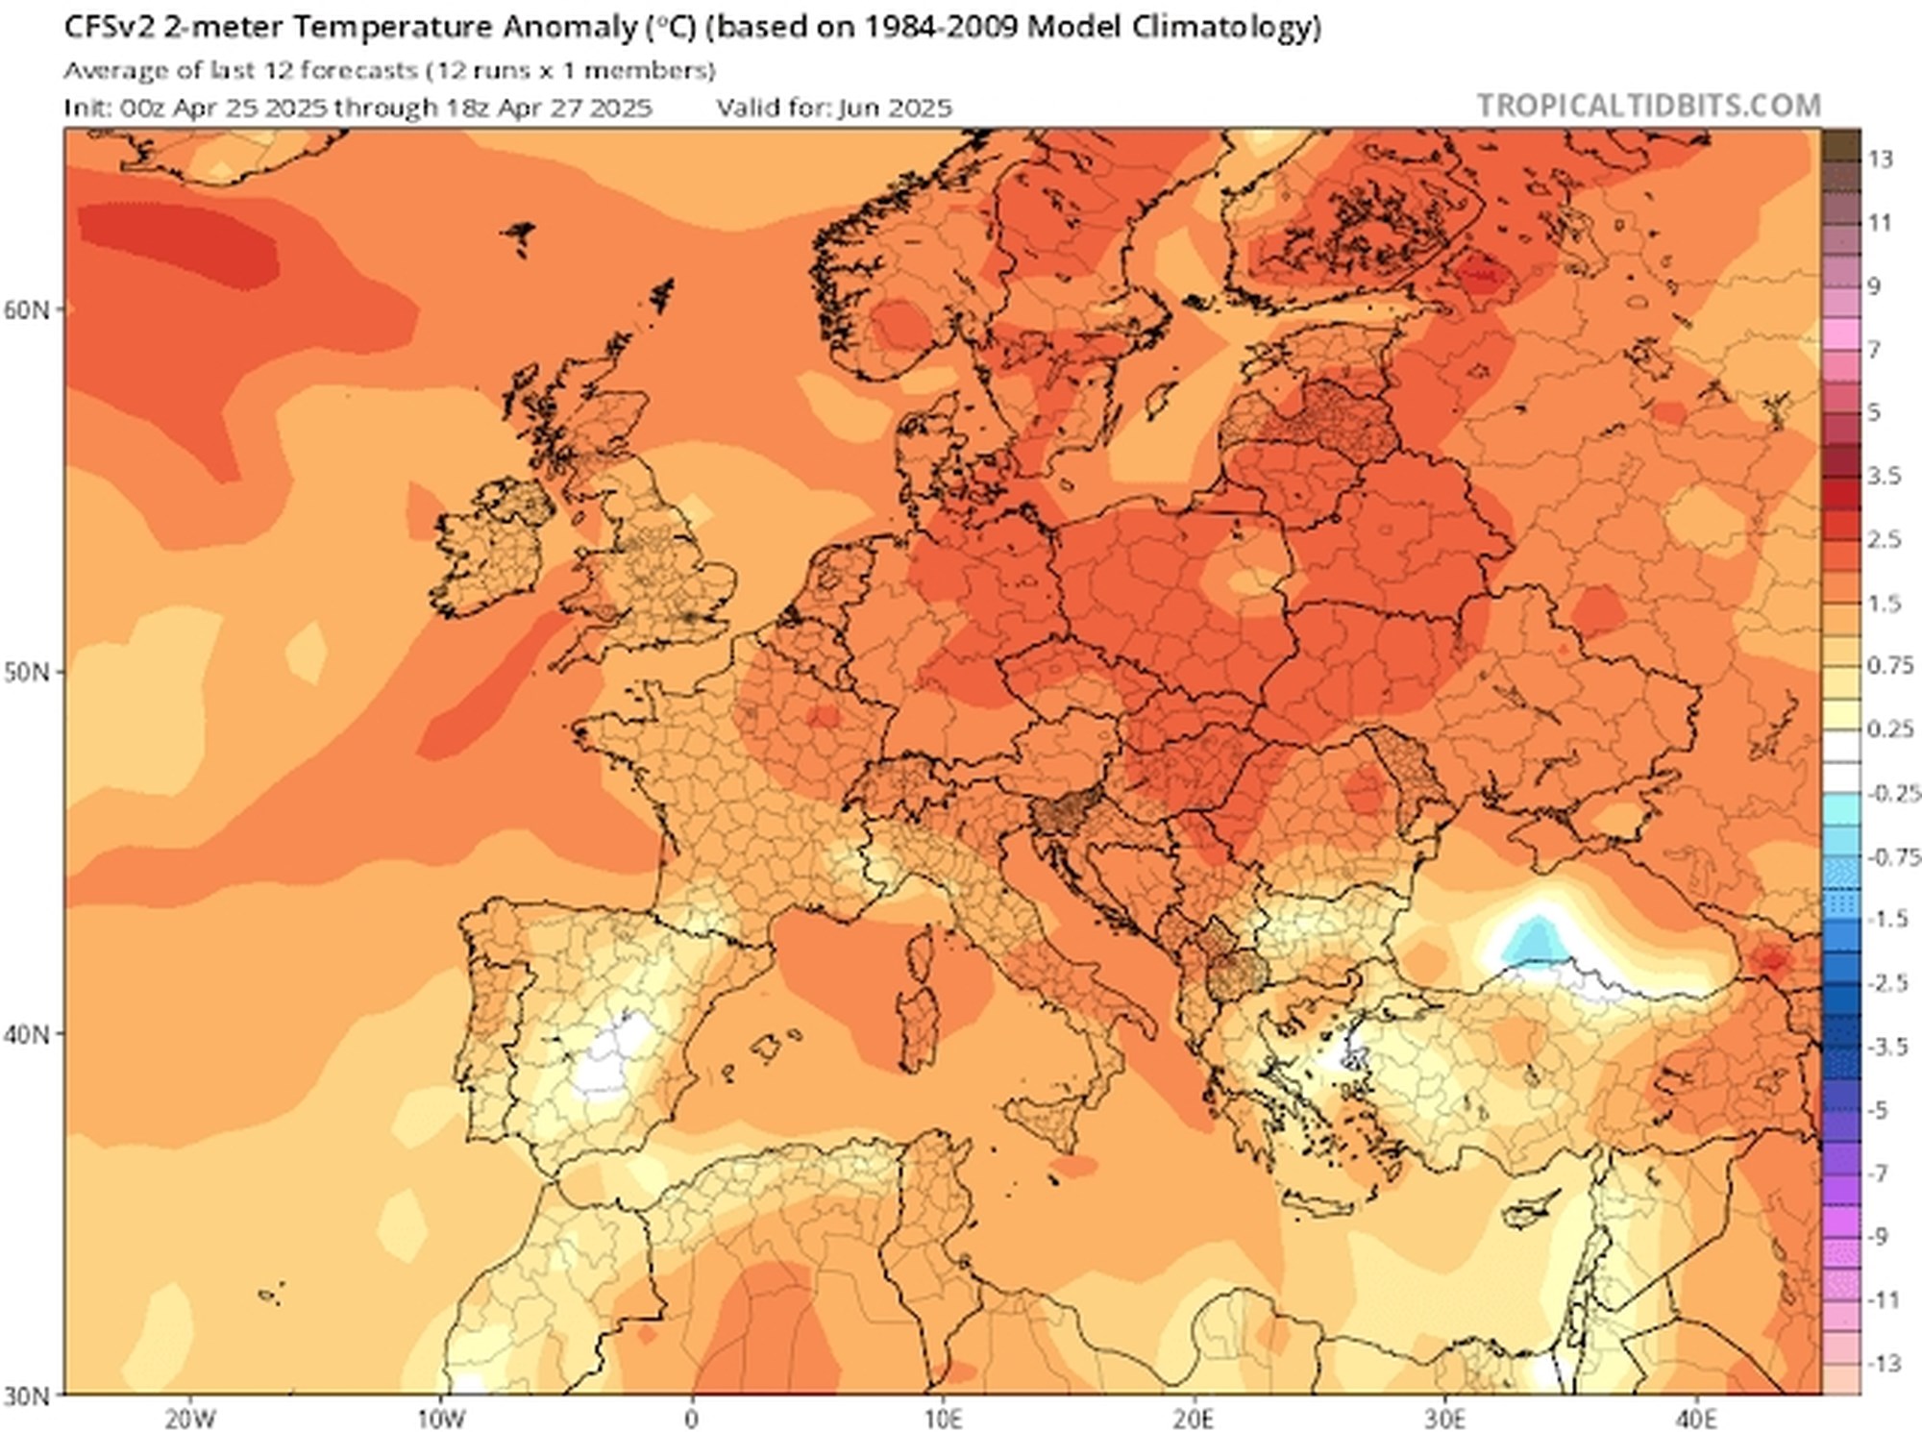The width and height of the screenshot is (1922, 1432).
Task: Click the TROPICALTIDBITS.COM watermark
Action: point(1648,105)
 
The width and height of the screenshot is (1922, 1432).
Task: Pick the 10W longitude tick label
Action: point(441,1419)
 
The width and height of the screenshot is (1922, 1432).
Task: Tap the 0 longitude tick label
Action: point(692,1419)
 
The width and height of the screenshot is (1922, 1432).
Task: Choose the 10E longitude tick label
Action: point(944,1419)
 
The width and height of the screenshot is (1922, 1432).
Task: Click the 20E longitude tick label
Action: point(1194,1419)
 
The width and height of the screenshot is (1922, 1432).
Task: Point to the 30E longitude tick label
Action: point(1445,1419)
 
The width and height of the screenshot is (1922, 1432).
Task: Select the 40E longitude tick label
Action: point(1696,1419)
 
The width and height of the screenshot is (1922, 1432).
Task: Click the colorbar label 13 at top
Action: point(1881,159)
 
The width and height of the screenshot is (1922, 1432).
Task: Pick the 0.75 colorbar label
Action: point(1888,665)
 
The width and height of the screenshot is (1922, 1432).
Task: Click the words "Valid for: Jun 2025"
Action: point(834,108)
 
